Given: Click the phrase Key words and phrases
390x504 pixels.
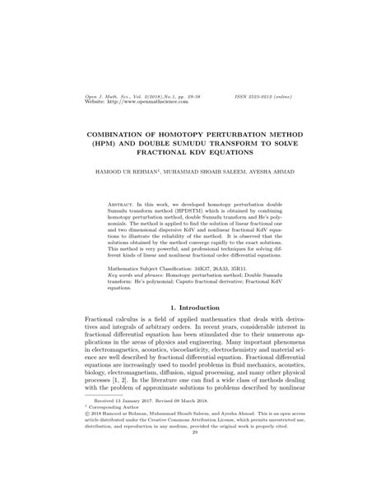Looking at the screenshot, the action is [x=138, y=275].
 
